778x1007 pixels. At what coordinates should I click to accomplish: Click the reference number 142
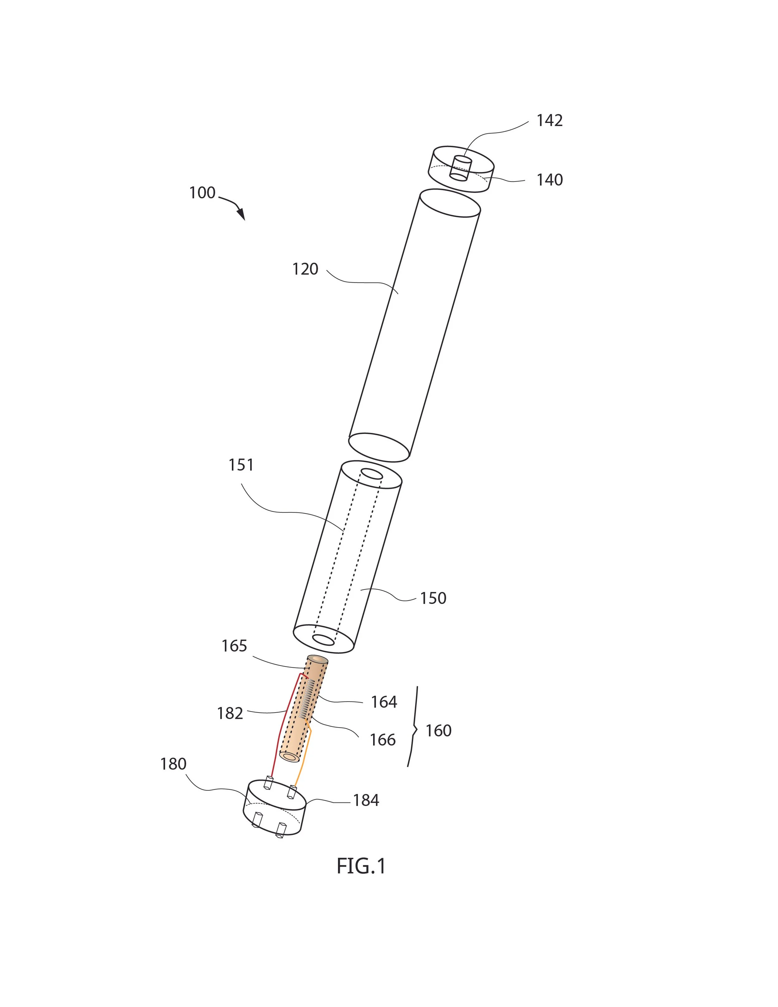[x=549, y=121]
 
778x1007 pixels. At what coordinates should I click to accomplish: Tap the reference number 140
[x=549, y=180]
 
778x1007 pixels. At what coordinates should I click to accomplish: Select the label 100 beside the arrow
[x=202, y=193]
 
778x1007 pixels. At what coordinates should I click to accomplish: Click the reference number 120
[x=305, y=269]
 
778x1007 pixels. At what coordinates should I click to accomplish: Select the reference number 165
[x=234, y=646]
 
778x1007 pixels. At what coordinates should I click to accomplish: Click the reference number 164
[x=384, y=702]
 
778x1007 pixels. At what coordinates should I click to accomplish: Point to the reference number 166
[x=382, y=740]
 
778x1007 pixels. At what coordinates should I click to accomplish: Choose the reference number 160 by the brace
[x=438, y=730]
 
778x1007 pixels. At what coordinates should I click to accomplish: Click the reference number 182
[x=230, y=713]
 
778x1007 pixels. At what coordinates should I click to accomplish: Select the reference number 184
[x=366, y=800]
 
